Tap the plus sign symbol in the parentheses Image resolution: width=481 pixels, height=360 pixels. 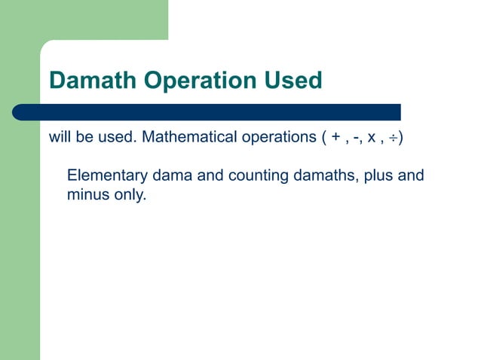click(x=335, y=139)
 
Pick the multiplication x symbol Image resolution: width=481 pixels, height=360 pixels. click(x=372, y=139)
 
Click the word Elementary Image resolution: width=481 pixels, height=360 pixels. click(x=107, y=176)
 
